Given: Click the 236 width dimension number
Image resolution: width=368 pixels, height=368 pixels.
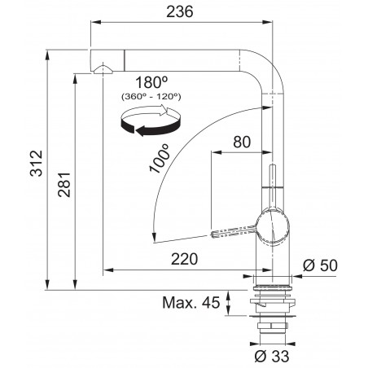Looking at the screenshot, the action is [180, 12].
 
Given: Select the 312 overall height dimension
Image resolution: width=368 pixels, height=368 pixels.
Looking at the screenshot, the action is [37, 164].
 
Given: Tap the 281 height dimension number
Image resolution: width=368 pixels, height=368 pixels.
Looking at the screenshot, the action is [64, 184].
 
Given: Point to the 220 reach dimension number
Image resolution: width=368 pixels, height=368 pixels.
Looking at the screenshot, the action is [185, 259].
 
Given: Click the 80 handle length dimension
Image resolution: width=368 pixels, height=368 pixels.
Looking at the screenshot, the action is [242, 142].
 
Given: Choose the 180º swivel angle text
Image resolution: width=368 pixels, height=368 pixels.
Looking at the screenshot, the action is [151, 82].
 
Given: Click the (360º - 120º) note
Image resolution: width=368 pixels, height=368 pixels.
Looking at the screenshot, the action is [151, 97].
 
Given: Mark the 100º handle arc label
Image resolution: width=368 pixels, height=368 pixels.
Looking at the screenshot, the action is [160, 159].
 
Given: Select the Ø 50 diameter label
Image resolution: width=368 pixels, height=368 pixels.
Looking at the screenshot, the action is [320, 265].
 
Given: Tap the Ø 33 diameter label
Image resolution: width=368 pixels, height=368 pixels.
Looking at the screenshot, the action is [272, 356].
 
